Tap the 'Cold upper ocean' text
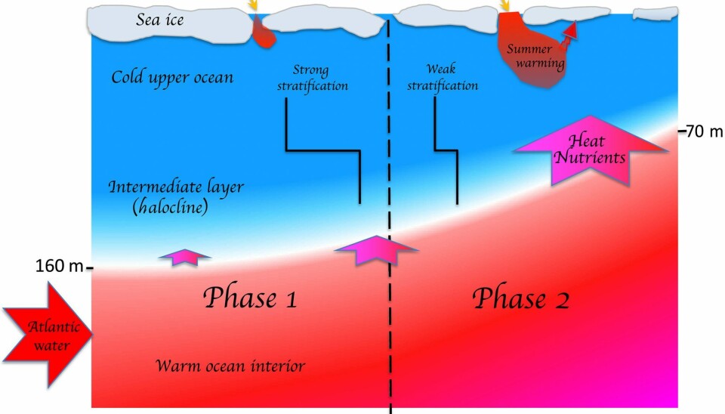point(172,77)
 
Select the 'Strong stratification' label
point(312,78)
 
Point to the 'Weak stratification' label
point(443,78)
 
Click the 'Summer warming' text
point(535,56)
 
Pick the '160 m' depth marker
point(60,266)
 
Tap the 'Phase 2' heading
point(520,298)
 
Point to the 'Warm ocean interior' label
point(230,366)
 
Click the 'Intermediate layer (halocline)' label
point(176,197)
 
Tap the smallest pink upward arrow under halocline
point(184,257)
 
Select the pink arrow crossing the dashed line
point(375,249)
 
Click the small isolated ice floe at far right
point(655,14)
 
